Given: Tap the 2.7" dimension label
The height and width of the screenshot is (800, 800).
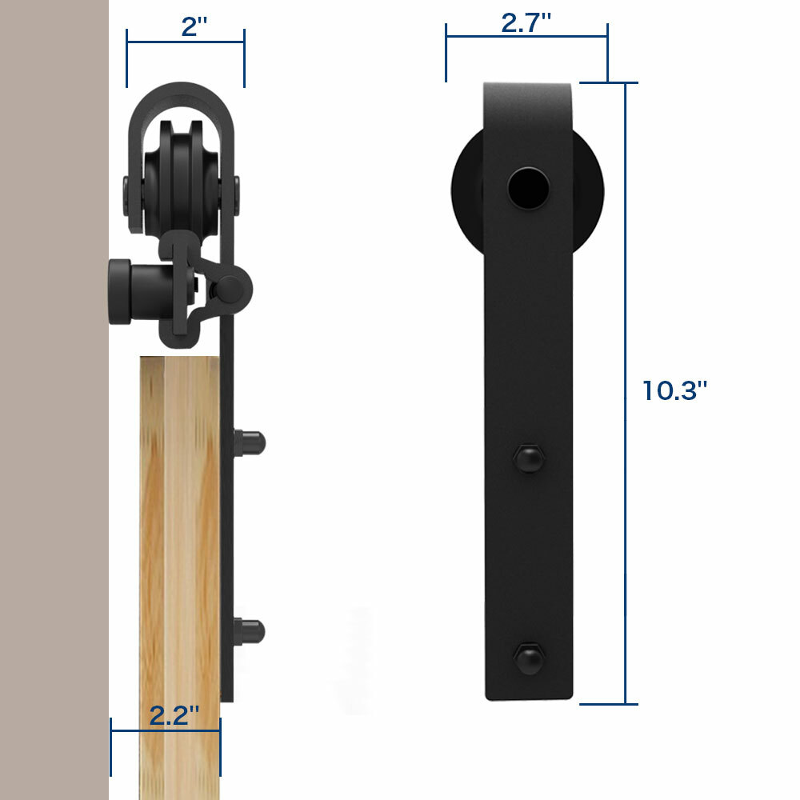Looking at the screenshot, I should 526,23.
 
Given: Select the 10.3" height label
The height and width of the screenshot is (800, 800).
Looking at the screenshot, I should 675,390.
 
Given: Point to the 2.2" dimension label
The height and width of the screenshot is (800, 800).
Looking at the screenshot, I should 174,715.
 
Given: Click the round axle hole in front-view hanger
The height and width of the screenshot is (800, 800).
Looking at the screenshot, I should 529,187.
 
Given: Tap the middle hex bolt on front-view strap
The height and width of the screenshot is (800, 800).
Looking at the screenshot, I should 527,458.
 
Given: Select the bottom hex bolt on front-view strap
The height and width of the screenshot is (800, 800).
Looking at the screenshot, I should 527,656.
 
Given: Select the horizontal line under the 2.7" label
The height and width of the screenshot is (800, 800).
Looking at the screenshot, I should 526,37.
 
